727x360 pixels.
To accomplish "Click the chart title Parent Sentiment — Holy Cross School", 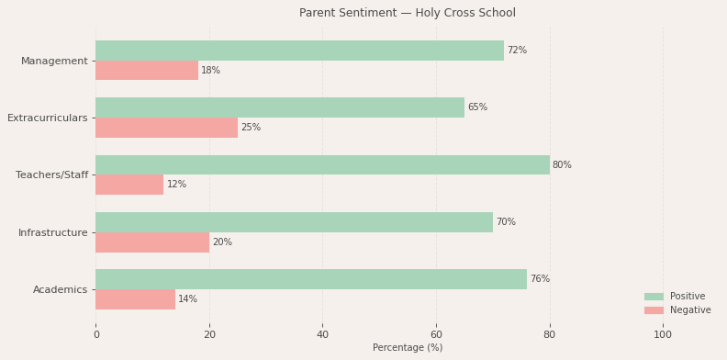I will tap(407, 13).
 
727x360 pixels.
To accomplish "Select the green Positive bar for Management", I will tap(299, 51).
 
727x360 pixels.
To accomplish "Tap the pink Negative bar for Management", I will tap(147, 71).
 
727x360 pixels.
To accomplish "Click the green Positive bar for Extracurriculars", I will tap(280, 107).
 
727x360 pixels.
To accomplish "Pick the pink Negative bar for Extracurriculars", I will tap(166, 128).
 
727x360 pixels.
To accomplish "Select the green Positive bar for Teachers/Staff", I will tap(322, 165).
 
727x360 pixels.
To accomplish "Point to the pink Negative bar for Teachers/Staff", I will tap(129, 185).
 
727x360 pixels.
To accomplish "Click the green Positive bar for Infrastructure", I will tap(294, 222).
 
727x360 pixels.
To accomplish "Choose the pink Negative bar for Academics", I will tap(135, 299).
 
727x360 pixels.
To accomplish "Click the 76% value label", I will tap(540, 279).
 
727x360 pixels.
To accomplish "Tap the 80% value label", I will tap(562, 165).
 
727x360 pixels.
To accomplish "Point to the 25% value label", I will tap(251, 128).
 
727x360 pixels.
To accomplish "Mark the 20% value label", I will tap(222, 242).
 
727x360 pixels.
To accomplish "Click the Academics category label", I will tap(61, 290).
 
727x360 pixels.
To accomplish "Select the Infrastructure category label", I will tap(53, 233).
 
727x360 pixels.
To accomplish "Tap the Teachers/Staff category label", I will tap(52, 175).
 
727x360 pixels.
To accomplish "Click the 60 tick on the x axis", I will tap(436, 335).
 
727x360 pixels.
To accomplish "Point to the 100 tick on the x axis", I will tap(663, 335).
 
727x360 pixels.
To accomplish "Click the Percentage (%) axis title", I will tap(408, 348).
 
